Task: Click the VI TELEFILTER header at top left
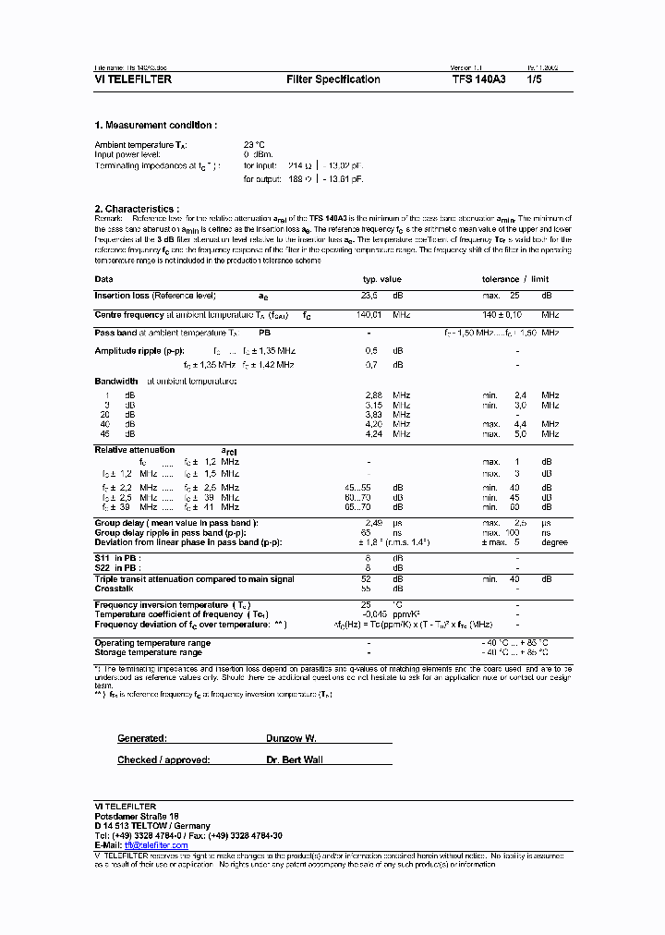click(x=133, y=80)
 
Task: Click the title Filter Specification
click(x=333, y=80)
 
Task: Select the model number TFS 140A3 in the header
click(x=478, y=80)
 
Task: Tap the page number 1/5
click(x=535, y=80)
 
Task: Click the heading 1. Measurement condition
click(x=156, y=125)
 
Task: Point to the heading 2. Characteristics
click(x=137, y=210)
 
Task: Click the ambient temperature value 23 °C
click(x=254, y=145)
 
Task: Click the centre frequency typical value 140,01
click(x=369, y=314)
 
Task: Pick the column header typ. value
click(x=381, y=278)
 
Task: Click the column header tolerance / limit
click(x=515, y=278)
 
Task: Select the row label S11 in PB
click(x=115, y=559)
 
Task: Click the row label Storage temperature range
click(x=148, y=652)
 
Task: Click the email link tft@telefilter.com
click(x=155, y=845)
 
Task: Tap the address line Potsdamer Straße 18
click(x=137, y=817)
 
